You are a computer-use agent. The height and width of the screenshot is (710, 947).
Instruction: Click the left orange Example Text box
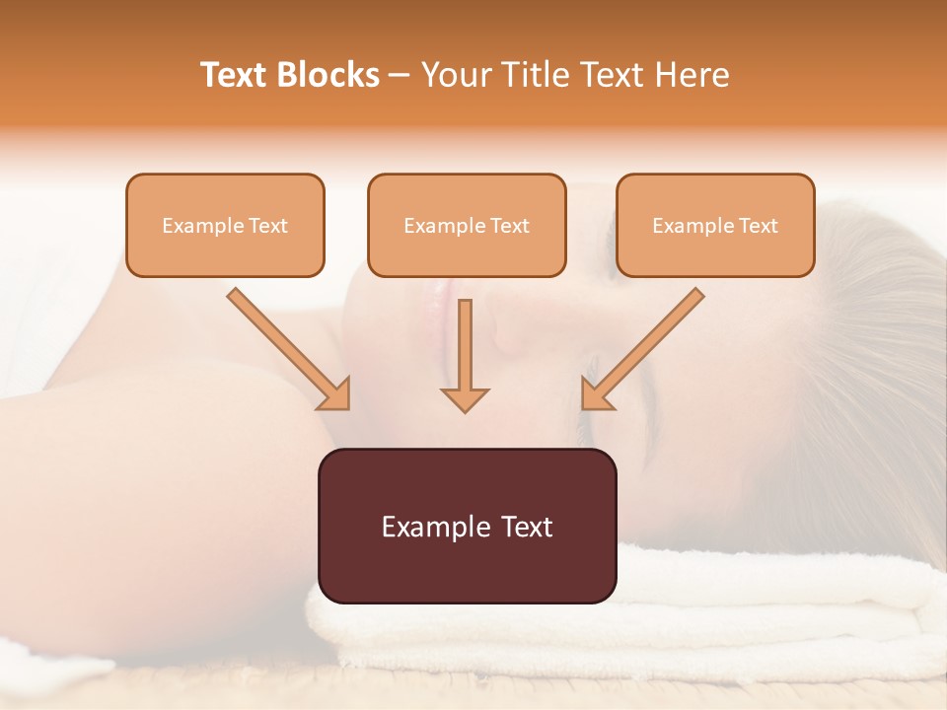click(x=225, y=225)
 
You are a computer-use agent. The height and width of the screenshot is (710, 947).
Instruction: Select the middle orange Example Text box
click(x=467, y=225)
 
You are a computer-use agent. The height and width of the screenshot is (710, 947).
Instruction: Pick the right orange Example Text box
click(x=715, y=225)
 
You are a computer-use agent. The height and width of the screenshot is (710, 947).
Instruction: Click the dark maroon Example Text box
click(x=467, y=526)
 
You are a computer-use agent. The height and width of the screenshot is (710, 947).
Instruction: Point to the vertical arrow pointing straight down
click(x=465, y=355)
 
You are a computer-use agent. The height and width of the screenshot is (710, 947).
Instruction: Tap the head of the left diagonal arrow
click(x=335, y=394)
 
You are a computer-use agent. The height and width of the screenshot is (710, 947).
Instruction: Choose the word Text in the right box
click(x=759, y=225)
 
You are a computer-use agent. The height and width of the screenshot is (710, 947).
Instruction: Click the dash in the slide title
click(x=400, y=75)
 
